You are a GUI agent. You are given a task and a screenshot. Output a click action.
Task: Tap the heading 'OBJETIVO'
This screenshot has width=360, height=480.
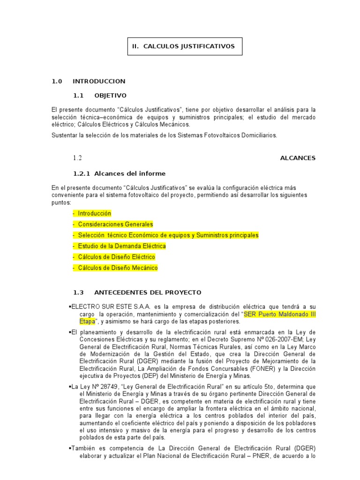pos(110,96)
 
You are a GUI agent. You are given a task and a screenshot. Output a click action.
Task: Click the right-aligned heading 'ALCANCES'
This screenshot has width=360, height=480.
pos(298,158)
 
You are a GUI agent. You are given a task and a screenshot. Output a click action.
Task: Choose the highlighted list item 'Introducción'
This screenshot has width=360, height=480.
pos(94,213)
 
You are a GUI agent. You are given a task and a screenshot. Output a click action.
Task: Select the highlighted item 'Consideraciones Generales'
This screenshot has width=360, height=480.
pos(115,224)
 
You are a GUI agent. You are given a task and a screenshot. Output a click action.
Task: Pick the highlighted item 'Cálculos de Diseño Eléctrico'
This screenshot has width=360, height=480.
pos(116,257)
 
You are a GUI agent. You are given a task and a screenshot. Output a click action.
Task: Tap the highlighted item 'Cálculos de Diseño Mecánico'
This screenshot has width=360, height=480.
pos(118,268)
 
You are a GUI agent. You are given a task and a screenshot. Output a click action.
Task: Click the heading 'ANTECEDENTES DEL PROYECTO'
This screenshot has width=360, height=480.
pos(148,292)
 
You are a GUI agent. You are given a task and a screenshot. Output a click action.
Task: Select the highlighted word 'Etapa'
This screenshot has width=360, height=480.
pos(87,322)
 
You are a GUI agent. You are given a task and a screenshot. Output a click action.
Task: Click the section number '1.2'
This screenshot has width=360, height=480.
pos(77,158)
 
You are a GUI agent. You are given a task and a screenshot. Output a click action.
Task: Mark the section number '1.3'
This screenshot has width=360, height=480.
pos(78,292)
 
